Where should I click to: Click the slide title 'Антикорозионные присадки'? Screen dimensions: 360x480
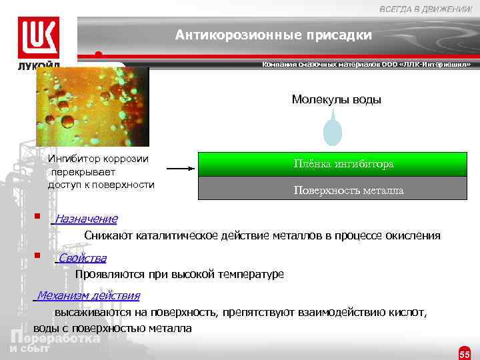coord(273,35)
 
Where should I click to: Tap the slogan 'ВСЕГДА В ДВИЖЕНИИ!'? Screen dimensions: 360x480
coord(425,7)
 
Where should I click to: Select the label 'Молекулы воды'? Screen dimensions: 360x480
coord(336,99)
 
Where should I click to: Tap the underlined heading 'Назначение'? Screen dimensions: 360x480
coord(86,219)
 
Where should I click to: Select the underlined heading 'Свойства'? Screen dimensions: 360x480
coord(81,258)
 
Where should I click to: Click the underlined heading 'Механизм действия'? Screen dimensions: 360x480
coord(88,295)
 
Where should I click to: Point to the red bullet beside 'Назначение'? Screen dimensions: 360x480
coord(39,217)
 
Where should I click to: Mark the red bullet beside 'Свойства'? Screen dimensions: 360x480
coord(39,255)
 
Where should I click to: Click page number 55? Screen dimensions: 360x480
coord(465,353)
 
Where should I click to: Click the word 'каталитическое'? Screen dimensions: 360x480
coord(176,235)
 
